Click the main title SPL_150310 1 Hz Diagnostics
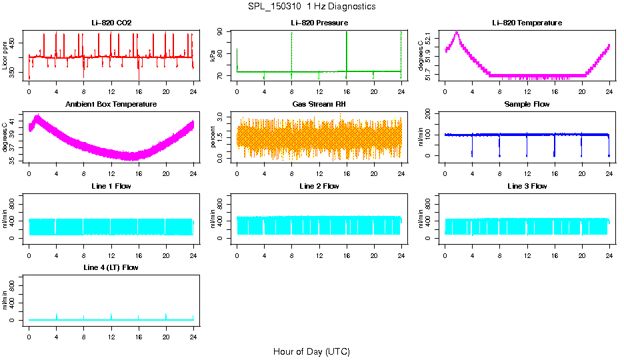311,7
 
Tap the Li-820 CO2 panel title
111,23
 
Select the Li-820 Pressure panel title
319,23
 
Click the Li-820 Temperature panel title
527,23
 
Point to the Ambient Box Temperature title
111,105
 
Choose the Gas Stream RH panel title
319,105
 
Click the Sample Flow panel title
527,105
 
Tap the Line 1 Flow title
111,186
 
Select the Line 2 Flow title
319,186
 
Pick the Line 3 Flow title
527,186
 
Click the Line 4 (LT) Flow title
111,267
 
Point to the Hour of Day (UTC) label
311,351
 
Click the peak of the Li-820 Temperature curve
457,32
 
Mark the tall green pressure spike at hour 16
347,40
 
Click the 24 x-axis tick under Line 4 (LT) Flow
193,337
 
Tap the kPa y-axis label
213,56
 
